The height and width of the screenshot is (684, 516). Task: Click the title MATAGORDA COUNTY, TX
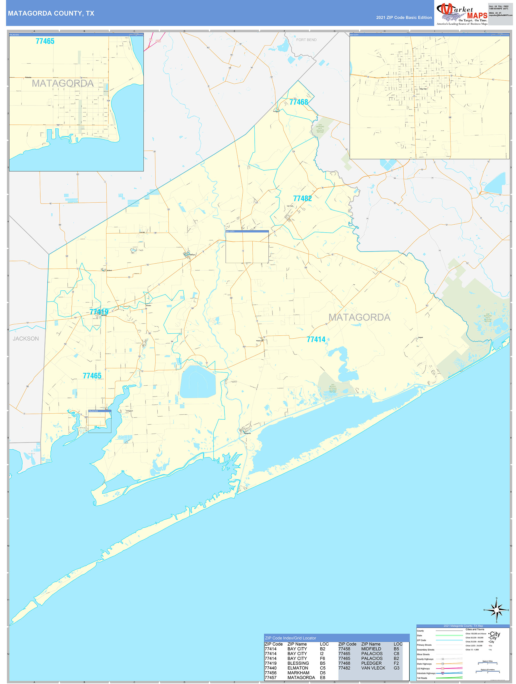click(x=51, y=13)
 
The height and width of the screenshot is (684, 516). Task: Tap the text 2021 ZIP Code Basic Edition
click(x=404, y=18)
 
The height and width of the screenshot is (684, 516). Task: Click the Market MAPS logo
click(x=462, y=14)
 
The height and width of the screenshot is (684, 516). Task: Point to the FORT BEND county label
click(x=306, y=40)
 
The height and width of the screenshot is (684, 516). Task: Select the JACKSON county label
click(x=26, y=339)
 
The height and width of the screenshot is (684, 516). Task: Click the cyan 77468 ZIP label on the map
click(x=299, y=102)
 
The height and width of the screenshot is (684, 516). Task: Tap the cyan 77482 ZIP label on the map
click(x=302, y=199)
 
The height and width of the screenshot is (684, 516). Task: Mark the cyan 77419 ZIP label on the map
click(x=99, y=312)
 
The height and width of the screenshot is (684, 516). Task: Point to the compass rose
click(x=497, y=610)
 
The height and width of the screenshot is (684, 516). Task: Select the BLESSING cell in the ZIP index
click(x=298, y=663)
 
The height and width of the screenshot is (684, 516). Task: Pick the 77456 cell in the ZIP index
click(x=270, y=673)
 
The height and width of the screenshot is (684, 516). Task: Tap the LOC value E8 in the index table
click(x=322, y=677)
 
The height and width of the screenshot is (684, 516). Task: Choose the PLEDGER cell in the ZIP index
click(x=371, y=663)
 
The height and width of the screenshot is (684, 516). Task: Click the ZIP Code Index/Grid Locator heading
click(x=290, y=638)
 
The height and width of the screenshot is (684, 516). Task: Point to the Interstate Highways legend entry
click(x=426, y=673)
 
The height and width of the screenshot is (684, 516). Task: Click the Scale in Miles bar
click(x=488, y=663)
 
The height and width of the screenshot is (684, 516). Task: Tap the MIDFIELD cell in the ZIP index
click(x=371, y=649)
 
